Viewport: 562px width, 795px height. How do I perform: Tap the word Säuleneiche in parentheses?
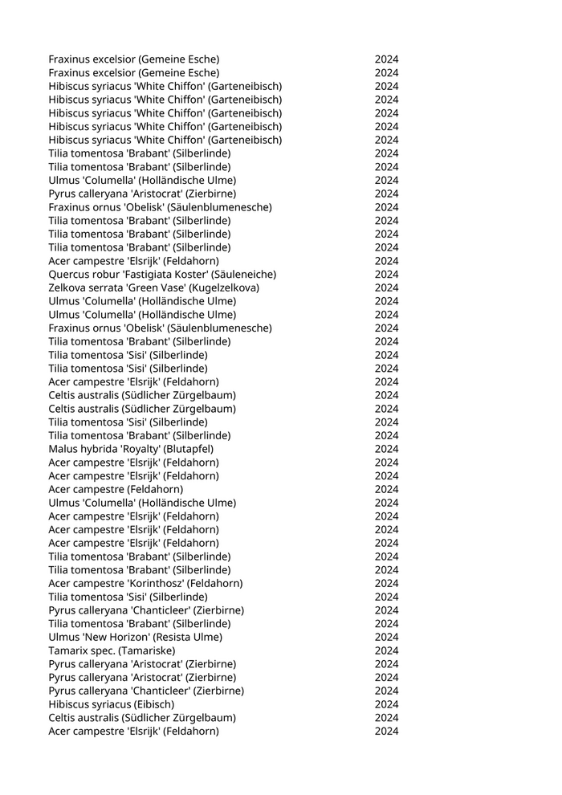tap(245, 275)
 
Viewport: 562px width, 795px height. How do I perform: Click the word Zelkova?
tap(67, 287)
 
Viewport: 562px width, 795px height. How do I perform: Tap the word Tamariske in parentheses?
tap(147, 650)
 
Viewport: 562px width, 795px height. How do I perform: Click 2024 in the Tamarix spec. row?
tap(386, 650)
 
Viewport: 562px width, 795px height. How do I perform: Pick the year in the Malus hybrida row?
tap(386, 449)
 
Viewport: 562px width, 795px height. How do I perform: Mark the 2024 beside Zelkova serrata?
tap(386, 287)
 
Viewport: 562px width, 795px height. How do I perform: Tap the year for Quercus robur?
tap(386, 275)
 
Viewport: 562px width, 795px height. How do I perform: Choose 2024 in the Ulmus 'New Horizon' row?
tap(386, 637)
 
